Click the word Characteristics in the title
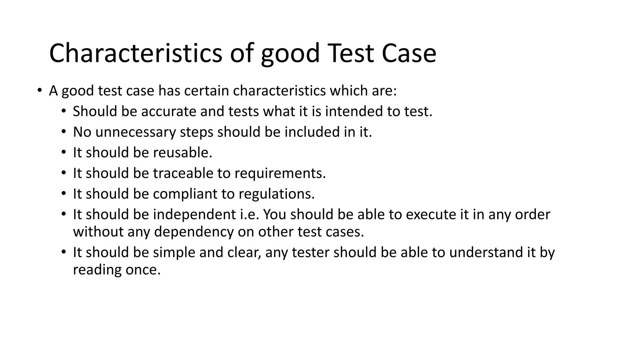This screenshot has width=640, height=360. [x=135, y=53]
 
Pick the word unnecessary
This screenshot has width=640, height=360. [x=136, y=132]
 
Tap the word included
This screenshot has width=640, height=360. [x=312, y=132]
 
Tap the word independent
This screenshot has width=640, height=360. [x=194, y=215]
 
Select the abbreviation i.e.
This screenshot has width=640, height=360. [x=250, y=215]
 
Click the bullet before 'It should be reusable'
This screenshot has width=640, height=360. [x=64, y=153]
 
